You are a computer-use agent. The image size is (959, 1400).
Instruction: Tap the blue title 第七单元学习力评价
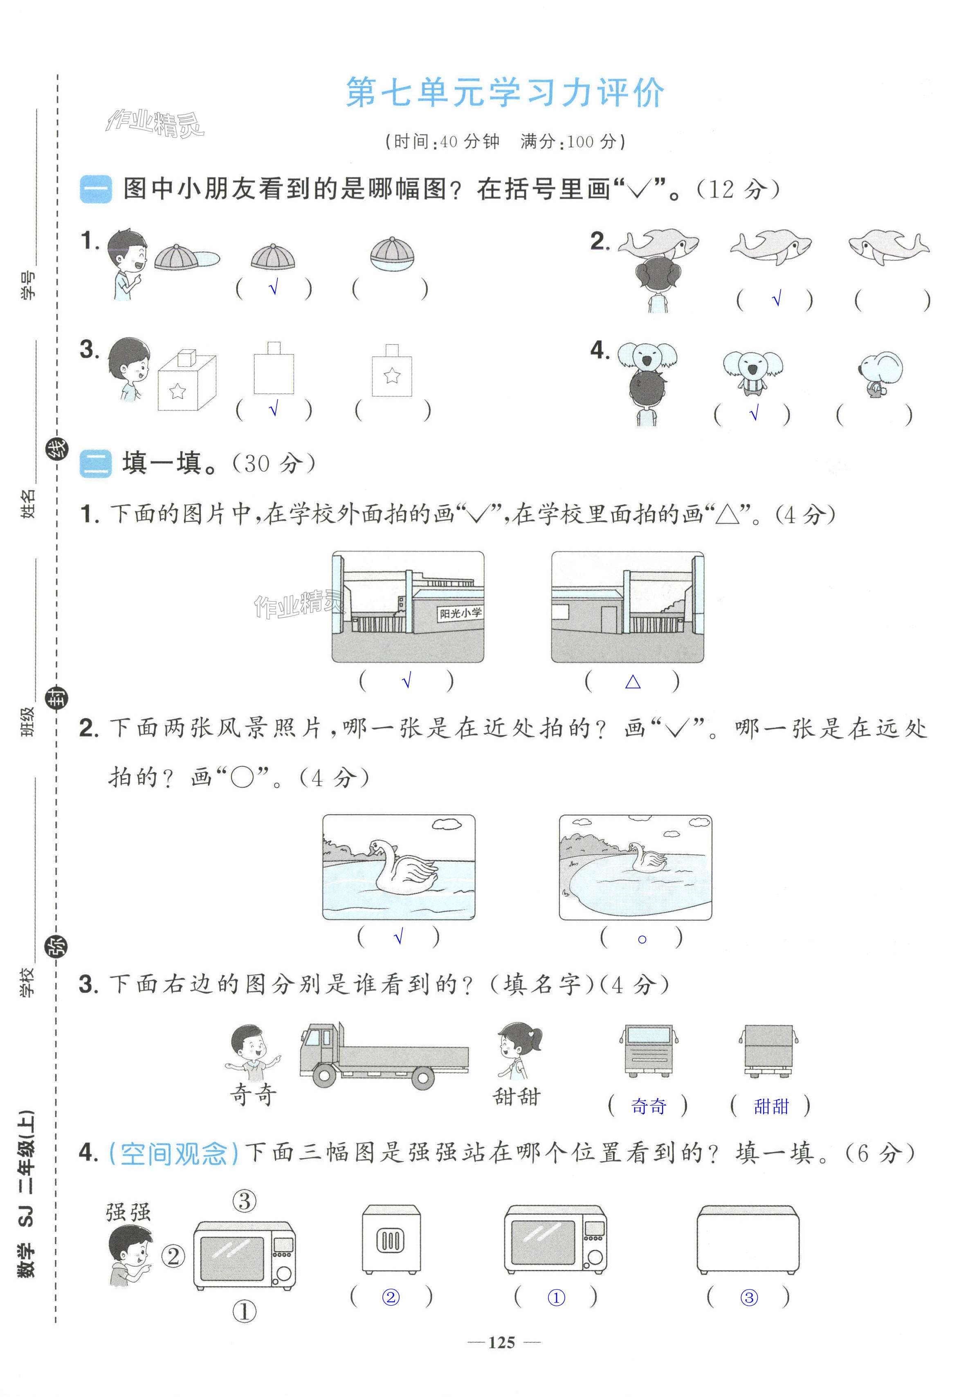click(x=505, y=93)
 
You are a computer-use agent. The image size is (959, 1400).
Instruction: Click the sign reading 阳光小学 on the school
click(x=460, y=613)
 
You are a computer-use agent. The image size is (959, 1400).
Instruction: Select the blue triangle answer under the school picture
click(x=633, y=682)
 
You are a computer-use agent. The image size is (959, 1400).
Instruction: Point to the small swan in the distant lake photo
click(x=647, y=856)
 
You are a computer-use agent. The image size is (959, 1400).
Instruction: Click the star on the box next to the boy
click(x=178, y=391)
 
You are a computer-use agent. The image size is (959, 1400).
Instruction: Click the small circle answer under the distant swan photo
click(x=642, y=939)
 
